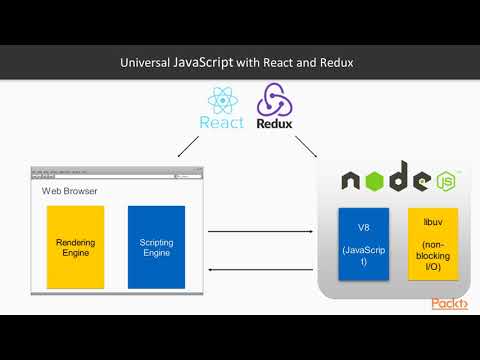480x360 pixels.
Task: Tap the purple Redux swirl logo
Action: (273, 101)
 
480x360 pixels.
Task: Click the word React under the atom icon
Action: (221, 124)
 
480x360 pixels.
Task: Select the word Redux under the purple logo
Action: (273, 124)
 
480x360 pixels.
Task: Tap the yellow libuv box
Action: (433, 242)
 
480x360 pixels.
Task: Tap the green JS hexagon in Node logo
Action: (446, 182)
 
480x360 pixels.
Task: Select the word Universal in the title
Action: (146, 62)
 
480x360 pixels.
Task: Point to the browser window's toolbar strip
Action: (115, 174)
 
